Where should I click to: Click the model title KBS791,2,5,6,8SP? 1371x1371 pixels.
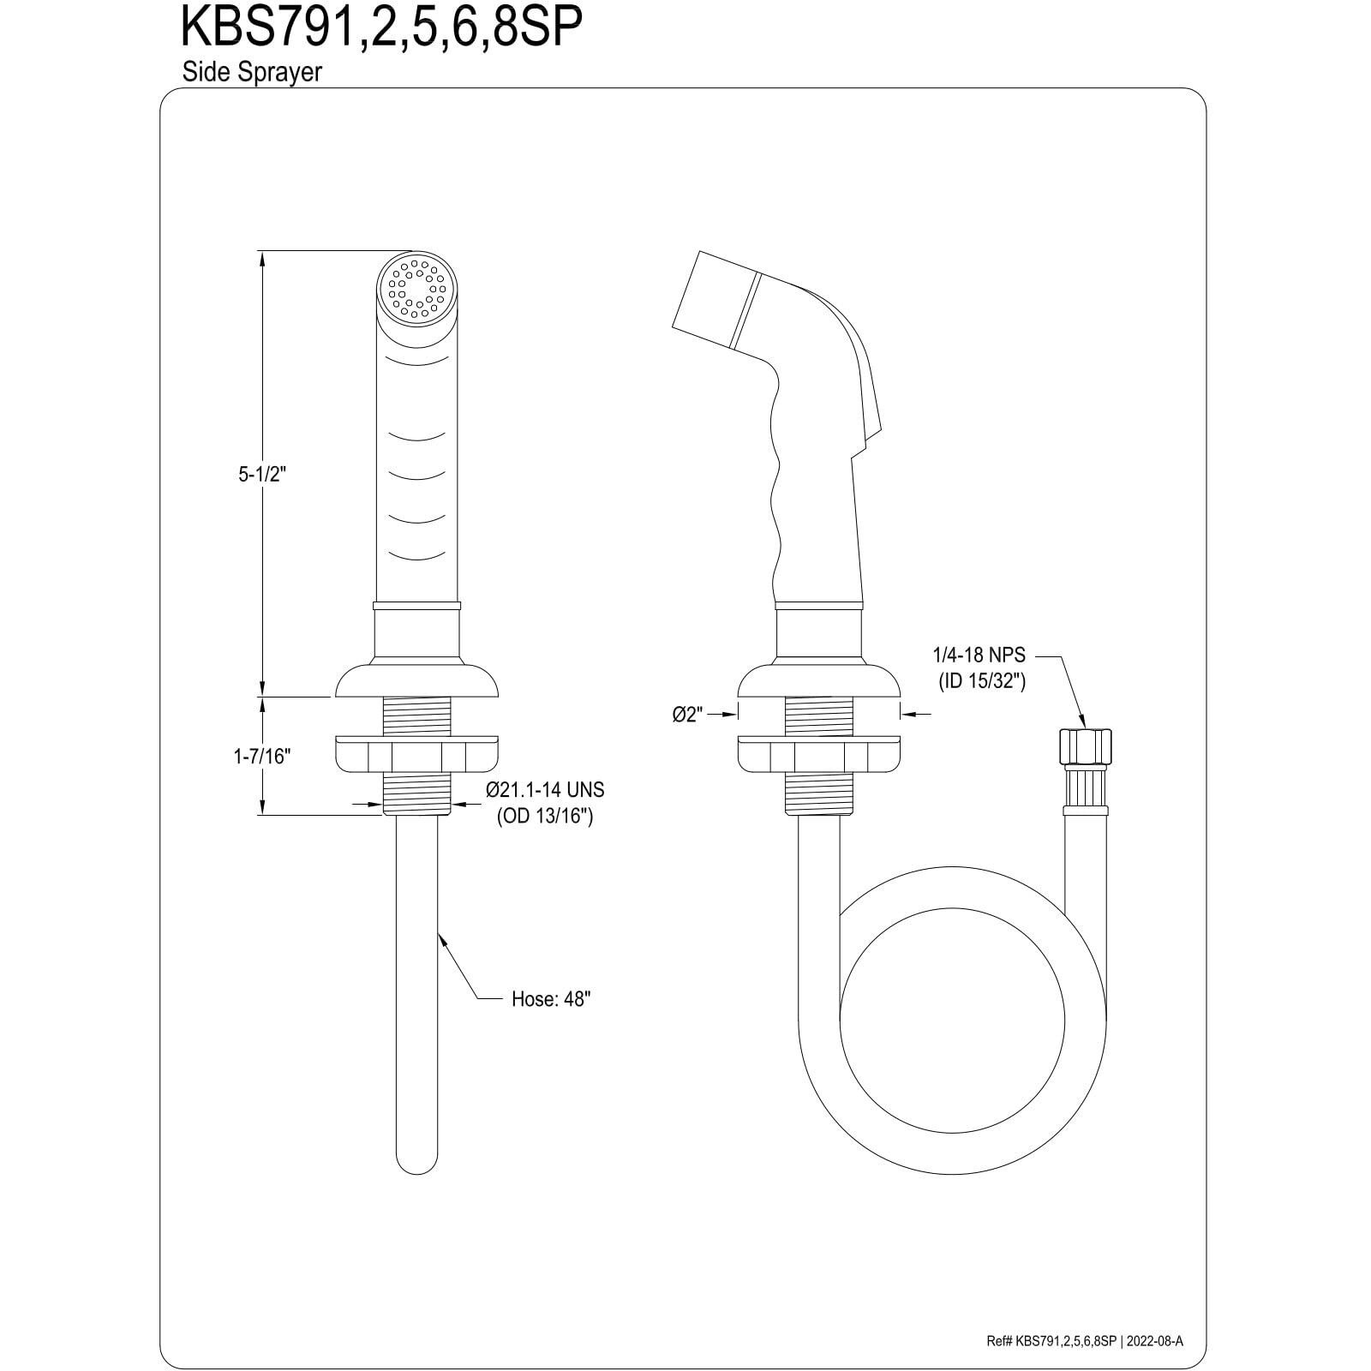[x=381, y=27]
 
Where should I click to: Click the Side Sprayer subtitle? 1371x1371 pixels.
[x=251, y=72]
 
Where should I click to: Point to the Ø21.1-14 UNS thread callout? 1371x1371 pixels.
[x=544, y=789]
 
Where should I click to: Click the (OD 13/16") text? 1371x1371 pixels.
[x=545, y=816]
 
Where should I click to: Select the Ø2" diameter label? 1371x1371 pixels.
[x=687, y=714]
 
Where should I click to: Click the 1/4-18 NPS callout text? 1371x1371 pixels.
[x=979, y=656]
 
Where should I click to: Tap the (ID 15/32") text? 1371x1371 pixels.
[x=979, y=682]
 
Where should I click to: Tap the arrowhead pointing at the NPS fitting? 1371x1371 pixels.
[x=1082, y=721]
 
